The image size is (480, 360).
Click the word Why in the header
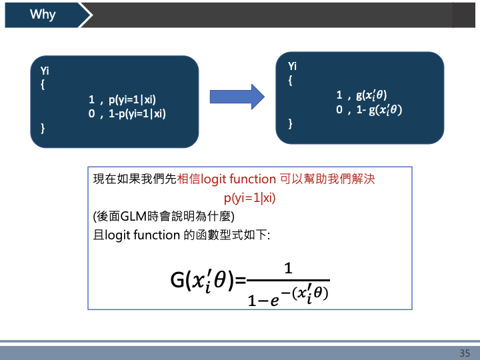[43, 15]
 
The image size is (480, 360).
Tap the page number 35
[465, 353]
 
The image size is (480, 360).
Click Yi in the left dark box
[45, 71]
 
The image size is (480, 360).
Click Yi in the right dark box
[293, 66]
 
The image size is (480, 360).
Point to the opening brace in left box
[43, 85]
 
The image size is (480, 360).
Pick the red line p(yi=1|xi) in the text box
[250, 198]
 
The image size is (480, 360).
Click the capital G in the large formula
[177, 281]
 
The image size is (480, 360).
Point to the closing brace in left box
[43, 127]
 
